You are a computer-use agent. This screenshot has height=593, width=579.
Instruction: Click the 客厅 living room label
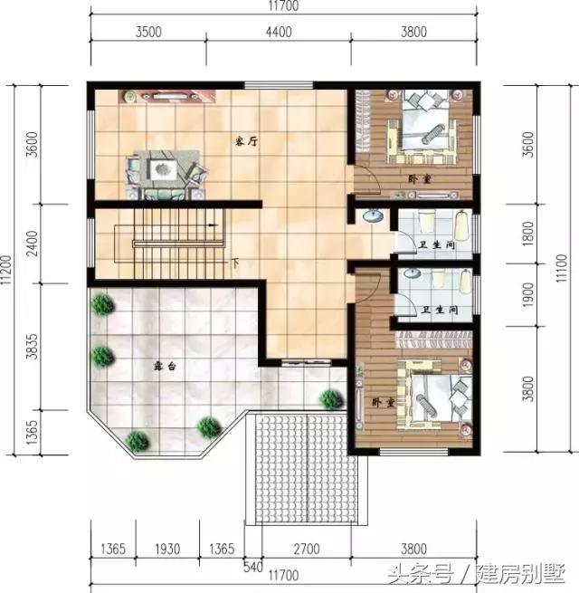tap(246, 142)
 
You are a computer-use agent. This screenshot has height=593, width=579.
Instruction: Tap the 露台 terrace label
tap(165, 366)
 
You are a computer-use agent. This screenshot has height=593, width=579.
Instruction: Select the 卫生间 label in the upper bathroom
tap(437, 244)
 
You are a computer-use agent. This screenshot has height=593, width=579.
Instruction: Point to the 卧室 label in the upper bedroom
tap(420, 178)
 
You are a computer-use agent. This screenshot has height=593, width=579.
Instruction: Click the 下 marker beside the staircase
tap(235, 263)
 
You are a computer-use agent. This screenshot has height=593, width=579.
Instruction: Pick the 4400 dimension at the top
tap(279, 32)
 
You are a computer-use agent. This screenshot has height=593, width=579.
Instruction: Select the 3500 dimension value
tap(148, 32)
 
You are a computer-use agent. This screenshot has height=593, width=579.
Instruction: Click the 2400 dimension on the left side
tap(33, 244)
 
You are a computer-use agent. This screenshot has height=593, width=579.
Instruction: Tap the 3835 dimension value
tap(33, 346)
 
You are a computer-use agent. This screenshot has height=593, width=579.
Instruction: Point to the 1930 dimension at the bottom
tap(167, 549)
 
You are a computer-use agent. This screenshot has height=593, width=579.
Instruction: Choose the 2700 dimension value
tap(307, 549)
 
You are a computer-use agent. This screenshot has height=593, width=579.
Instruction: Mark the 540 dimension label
tap(253, 568)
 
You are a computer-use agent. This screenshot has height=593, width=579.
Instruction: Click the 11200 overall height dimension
tap(7, 270)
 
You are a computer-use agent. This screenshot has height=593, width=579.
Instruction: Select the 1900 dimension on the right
tap(528, 295)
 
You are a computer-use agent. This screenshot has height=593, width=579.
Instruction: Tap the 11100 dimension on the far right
tap(562, 268)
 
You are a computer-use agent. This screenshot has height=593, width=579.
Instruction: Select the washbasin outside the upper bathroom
tap(373, 216)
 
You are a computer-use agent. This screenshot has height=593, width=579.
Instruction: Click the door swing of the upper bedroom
tap(367, 181)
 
